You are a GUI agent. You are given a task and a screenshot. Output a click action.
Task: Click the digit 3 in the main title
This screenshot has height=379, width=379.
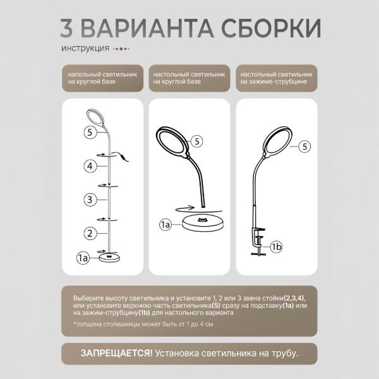click(69, 28)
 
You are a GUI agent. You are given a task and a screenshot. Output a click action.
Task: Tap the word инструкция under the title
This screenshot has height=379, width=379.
click(85, 49)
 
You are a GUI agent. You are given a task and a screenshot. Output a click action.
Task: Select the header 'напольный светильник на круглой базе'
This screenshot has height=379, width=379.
click(102, 78)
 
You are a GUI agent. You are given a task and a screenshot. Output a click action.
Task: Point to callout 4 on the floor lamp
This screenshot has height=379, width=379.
click(91, 166)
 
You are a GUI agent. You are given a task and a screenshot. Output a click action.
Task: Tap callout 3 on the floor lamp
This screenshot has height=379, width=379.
click(91, 200)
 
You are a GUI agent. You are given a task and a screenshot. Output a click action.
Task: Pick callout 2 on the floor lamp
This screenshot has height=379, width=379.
click(91, 234)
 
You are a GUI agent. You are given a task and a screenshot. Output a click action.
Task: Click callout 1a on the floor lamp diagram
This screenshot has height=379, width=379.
click(83, 258)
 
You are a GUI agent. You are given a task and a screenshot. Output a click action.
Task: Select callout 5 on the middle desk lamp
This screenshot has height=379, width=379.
click(196, 141)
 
